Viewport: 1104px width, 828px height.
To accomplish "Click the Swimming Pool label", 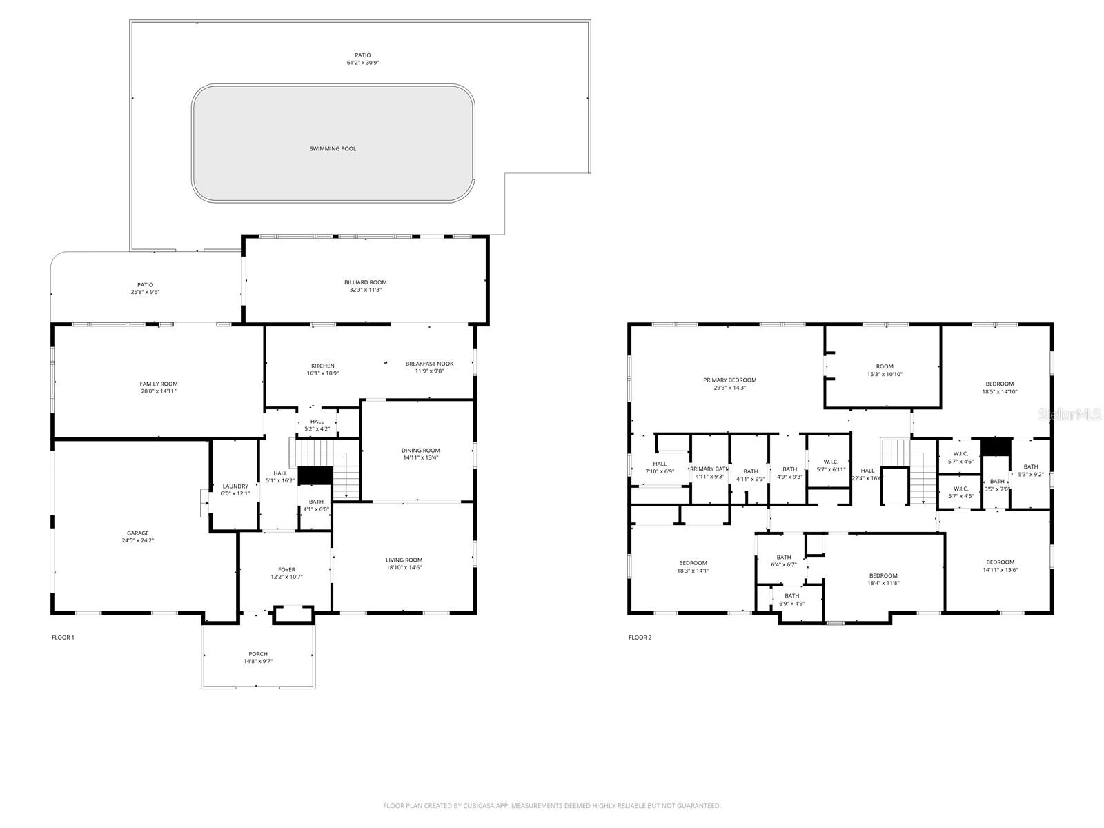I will tap(333, 148).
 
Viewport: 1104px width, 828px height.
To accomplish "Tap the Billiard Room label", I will tap(365, 282).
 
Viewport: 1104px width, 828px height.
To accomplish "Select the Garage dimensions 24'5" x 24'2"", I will tap(137, 541).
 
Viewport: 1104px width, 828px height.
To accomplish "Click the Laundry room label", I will tap(235, 486).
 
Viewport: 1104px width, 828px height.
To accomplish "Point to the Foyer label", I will tap(286, 569).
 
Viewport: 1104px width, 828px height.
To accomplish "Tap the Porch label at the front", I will tap(258, 653).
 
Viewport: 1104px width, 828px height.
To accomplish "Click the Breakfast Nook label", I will tap(429, 363).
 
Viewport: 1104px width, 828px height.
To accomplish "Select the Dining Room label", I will tap(421, 450).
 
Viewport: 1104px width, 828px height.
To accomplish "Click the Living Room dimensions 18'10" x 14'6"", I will tap(404, 567).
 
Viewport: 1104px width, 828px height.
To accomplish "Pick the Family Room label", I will tap(159, 384).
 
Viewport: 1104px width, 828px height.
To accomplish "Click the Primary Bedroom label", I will tap(729, 379).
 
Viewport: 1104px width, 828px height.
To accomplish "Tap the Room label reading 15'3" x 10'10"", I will tap(885, 366).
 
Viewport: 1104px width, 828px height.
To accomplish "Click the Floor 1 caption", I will tap(63, 638).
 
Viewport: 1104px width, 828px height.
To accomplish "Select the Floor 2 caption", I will tap(640, 638).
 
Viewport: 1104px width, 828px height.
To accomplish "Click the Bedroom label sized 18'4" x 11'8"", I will tap(883, 575).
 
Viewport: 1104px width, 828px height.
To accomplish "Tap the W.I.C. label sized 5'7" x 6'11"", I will tap(831, 462).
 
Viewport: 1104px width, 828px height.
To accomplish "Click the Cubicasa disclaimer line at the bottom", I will tap(552, 805).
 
